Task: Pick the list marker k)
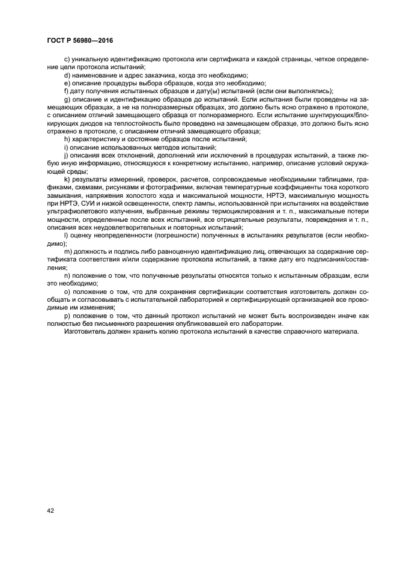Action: (67, 180)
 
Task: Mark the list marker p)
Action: (67, 316)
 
